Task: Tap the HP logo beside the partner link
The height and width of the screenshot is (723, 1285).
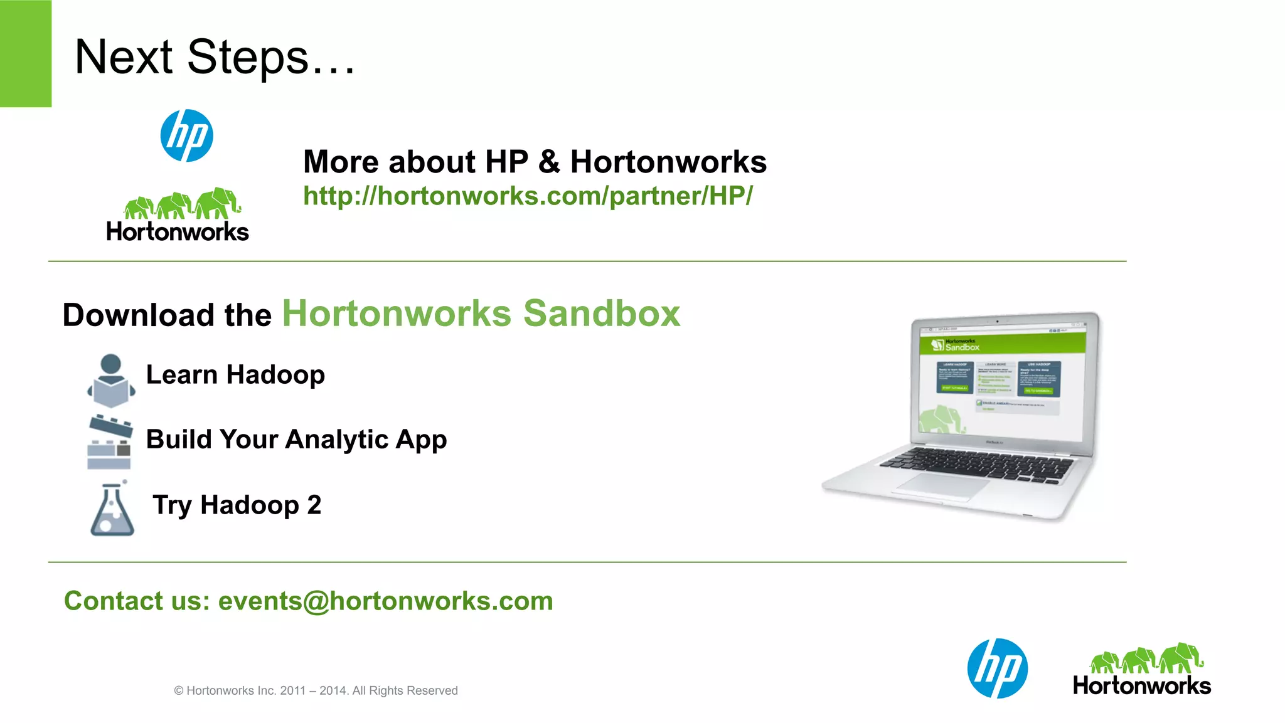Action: coord(186,135)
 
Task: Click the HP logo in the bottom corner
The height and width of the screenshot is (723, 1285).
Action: coord(997,668)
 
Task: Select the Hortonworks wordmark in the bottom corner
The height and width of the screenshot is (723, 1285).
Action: coord(1141,685)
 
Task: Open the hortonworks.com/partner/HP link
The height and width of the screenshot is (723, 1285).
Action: coord(527,196)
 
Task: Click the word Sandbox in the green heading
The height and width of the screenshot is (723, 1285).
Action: coord(601,314)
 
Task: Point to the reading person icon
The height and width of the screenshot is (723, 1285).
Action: coord(111,380)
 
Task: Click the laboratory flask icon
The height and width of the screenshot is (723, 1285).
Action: coord(112,509)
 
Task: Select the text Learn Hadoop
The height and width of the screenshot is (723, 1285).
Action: coord(235,375)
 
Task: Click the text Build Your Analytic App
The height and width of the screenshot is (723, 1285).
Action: coord(296,440)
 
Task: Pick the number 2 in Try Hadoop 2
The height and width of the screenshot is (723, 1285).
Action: coord(314,505)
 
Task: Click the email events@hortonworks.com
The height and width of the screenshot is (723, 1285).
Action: coord(385,601)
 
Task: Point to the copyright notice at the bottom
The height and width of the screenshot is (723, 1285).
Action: coord(316,690)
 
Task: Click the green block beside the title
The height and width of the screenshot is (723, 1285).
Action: coord(25,53)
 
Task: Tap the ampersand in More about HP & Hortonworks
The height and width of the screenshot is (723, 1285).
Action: coord(549,162)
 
